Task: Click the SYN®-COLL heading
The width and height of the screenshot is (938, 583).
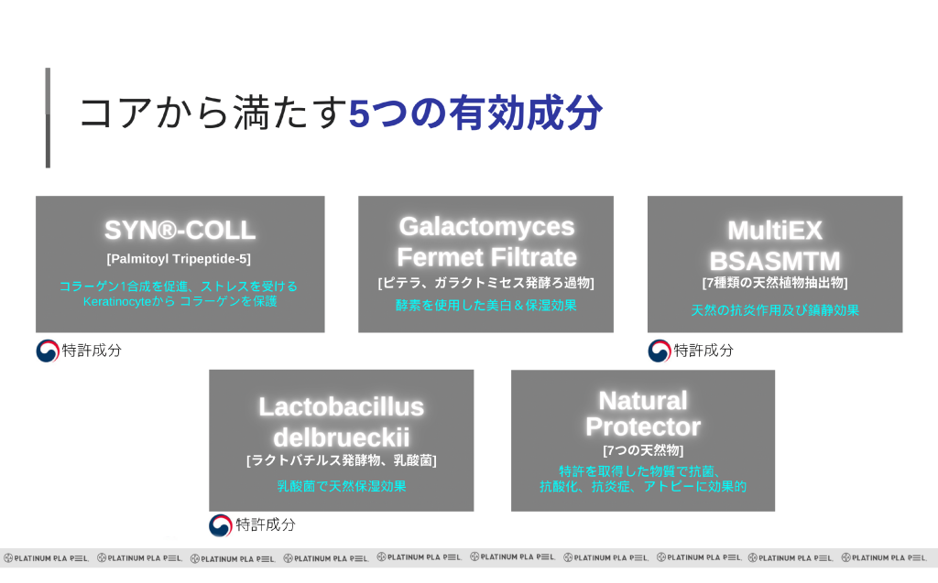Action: point(180,231)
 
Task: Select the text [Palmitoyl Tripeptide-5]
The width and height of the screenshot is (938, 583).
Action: point(179,259)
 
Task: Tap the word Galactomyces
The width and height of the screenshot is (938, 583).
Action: point(486,226)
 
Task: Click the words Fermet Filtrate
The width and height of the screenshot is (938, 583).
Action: point(486,256)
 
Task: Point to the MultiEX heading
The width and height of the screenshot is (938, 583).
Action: point(775,230)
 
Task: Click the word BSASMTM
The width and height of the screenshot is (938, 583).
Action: point(775,260)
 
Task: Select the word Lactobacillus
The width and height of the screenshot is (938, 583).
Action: point(341,406)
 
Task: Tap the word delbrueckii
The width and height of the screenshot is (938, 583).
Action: point(341,436)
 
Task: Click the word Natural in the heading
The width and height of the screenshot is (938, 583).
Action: point(642,400)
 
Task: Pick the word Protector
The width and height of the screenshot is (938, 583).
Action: point(642,426)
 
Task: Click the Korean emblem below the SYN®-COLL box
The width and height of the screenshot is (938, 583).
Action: point(48,351)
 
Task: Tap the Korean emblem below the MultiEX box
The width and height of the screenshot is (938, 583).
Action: point(660,351)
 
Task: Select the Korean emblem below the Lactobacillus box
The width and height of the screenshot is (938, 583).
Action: point(220,525)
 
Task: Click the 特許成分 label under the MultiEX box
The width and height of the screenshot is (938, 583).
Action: point(703,351)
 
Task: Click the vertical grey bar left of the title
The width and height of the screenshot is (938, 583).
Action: point(48,117)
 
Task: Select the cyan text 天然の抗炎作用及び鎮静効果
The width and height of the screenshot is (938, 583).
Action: point(775,310)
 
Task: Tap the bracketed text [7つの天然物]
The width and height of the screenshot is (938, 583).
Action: point(642,450)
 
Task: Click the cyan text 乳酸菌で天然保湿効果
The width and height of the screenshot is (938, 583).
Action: point(341,487)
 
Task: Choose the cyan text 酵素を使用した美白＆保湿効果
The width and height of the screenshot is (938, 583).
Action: point(486,305)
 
